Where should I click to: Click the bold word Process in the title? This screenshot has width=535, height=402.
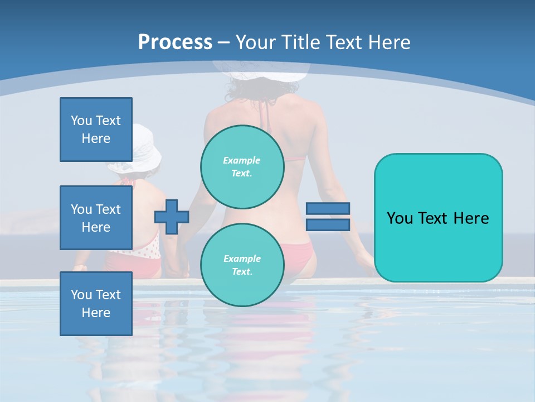pos(175,42)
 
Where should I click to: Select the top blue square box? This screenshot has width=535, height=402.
pos(96,130)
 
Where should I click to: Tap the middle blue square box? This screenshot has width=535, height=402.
pos(96,218)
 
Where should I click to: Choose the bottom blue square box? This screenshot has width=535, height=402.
pos(96,304)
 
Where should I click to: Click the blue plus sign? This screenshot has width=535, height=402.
pos(172,216)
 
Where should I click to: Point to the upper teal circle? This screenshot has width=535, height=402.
pos(242,166)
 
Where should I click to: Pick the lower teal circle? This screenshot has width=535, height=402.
pos(242,265)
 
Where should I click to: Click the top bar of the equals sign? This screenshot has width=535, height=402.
pos(328,208)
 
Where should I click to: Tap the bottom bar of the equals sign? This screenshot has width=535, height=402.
pos(328,224)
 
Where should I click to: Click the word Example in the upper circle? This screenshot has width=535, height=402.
pos(242,160)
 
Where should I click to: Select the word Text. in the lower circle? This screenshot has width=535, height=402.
pos(242,271)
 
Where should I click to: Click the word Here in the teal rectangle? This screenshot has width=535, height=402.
pos(469,218)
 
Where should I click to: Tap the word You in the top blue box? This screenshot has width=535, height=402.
pos(81,121)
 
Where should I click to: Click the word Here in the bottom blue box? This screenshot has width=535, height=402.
pos(96,313)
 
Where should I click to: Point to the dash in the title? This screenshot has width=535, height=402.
pos(224,42)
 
